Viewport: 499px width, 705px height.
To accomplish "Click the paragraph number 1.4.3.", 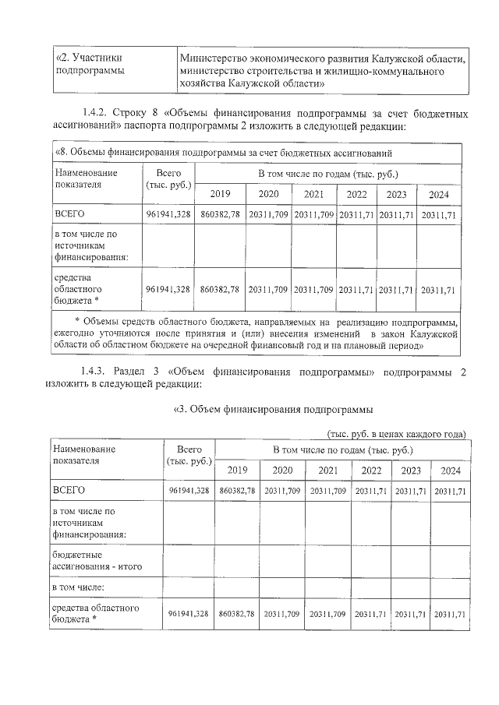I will [x=96, y=372].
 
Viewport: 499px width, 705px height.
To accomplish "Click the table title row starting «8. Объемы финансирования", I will [x=222, y=153].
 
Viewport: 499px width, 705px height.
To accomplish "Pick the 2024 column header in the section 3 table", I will [x=451, y=471].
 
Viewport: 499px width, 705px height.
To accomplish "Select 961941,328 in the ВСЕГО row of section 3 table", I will [x=189, y=491].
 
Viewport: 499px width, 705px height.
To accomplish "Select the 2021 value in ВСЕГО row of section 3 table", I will [x=327, y=491].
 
